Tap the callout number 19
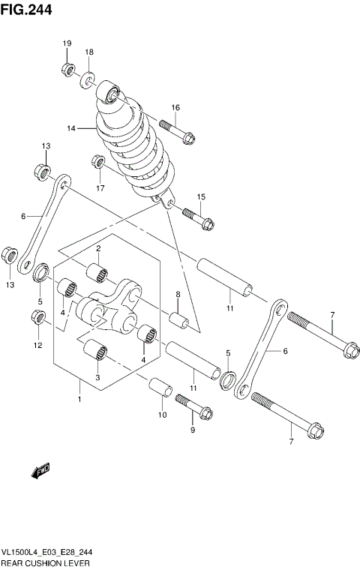pos(66,43)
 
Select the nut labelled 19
pos(67,70)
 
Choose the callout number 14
pos(71,128)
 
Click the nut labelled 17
pos(97,161)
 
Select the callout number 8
pos(178,294)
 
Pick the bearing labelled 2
pos(98,271)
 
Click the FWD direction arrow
pos(40,471)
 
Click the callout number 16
pos(175,108)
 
